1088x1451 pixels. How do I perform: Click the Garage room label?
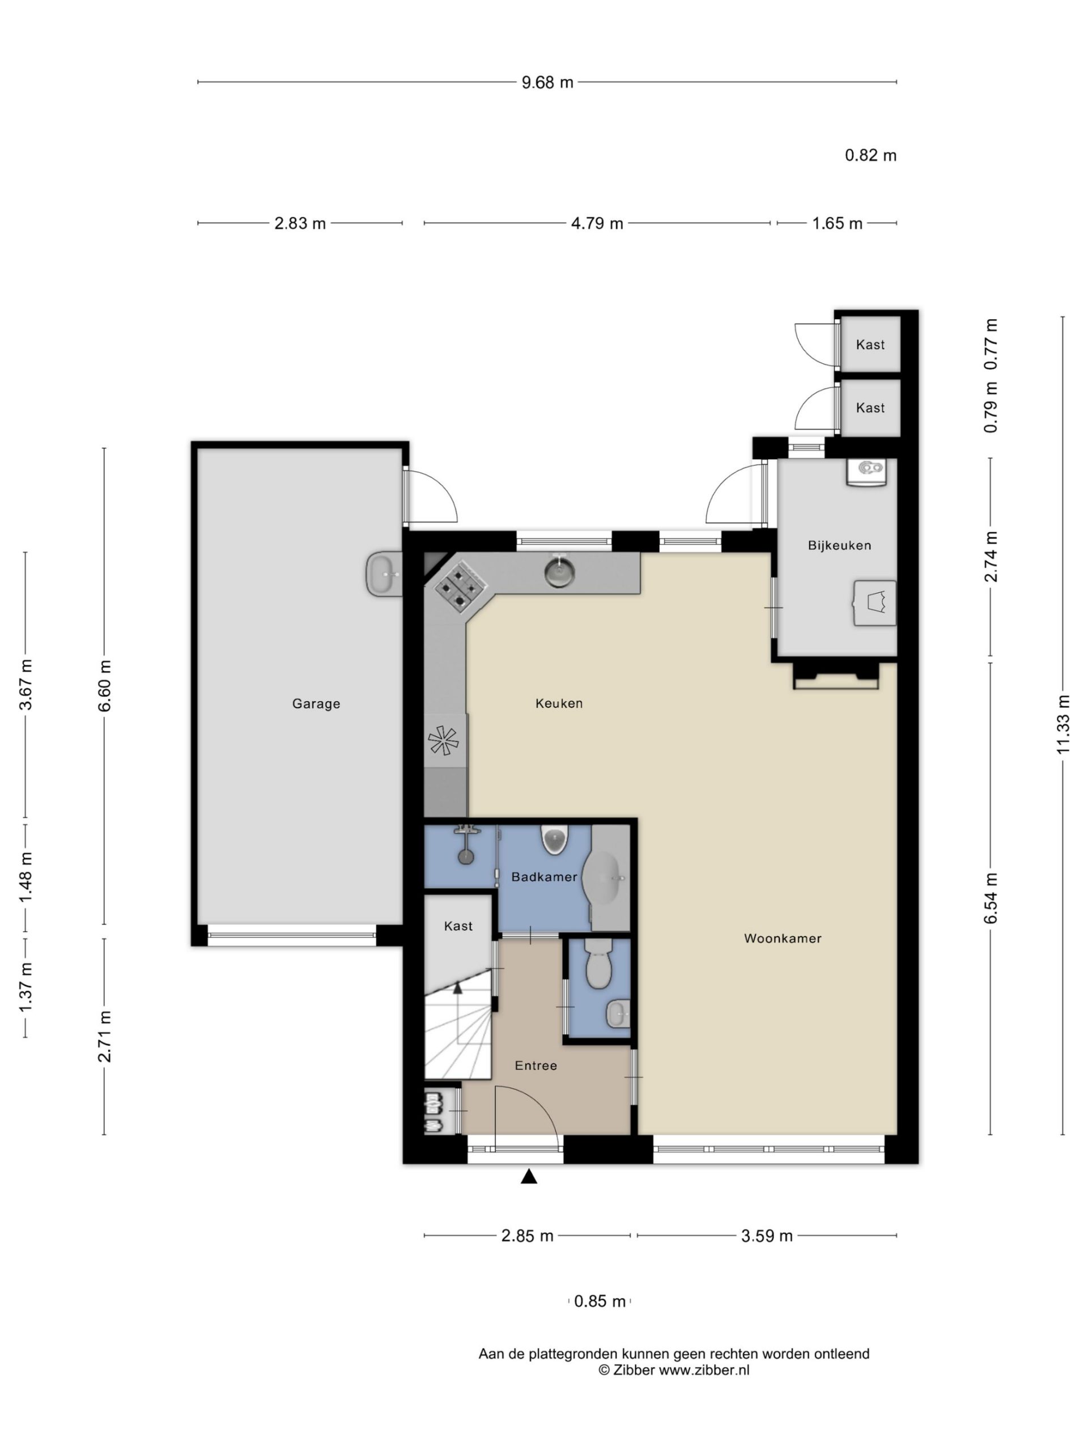[316, 704]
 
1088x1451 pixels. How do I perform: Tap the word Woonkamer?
[783, 939]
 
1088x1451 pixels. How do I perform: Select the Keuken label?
[559, 704]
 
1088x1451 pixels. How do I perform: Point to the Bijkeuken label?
[839, 546]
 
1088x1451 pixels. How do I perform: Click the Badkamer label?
[545, 877]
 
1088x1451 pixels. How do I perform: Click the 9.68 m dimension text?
[547, 83]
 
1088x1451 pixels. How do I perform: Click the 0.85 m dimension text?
[600, 1301]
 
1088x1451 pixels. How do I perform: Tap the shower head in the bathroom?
[466, 856]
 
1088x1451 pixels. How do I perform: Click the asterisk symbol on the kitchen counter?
[443, 741]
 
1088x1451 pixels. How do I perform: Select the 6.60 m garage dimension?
[104, 687]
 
